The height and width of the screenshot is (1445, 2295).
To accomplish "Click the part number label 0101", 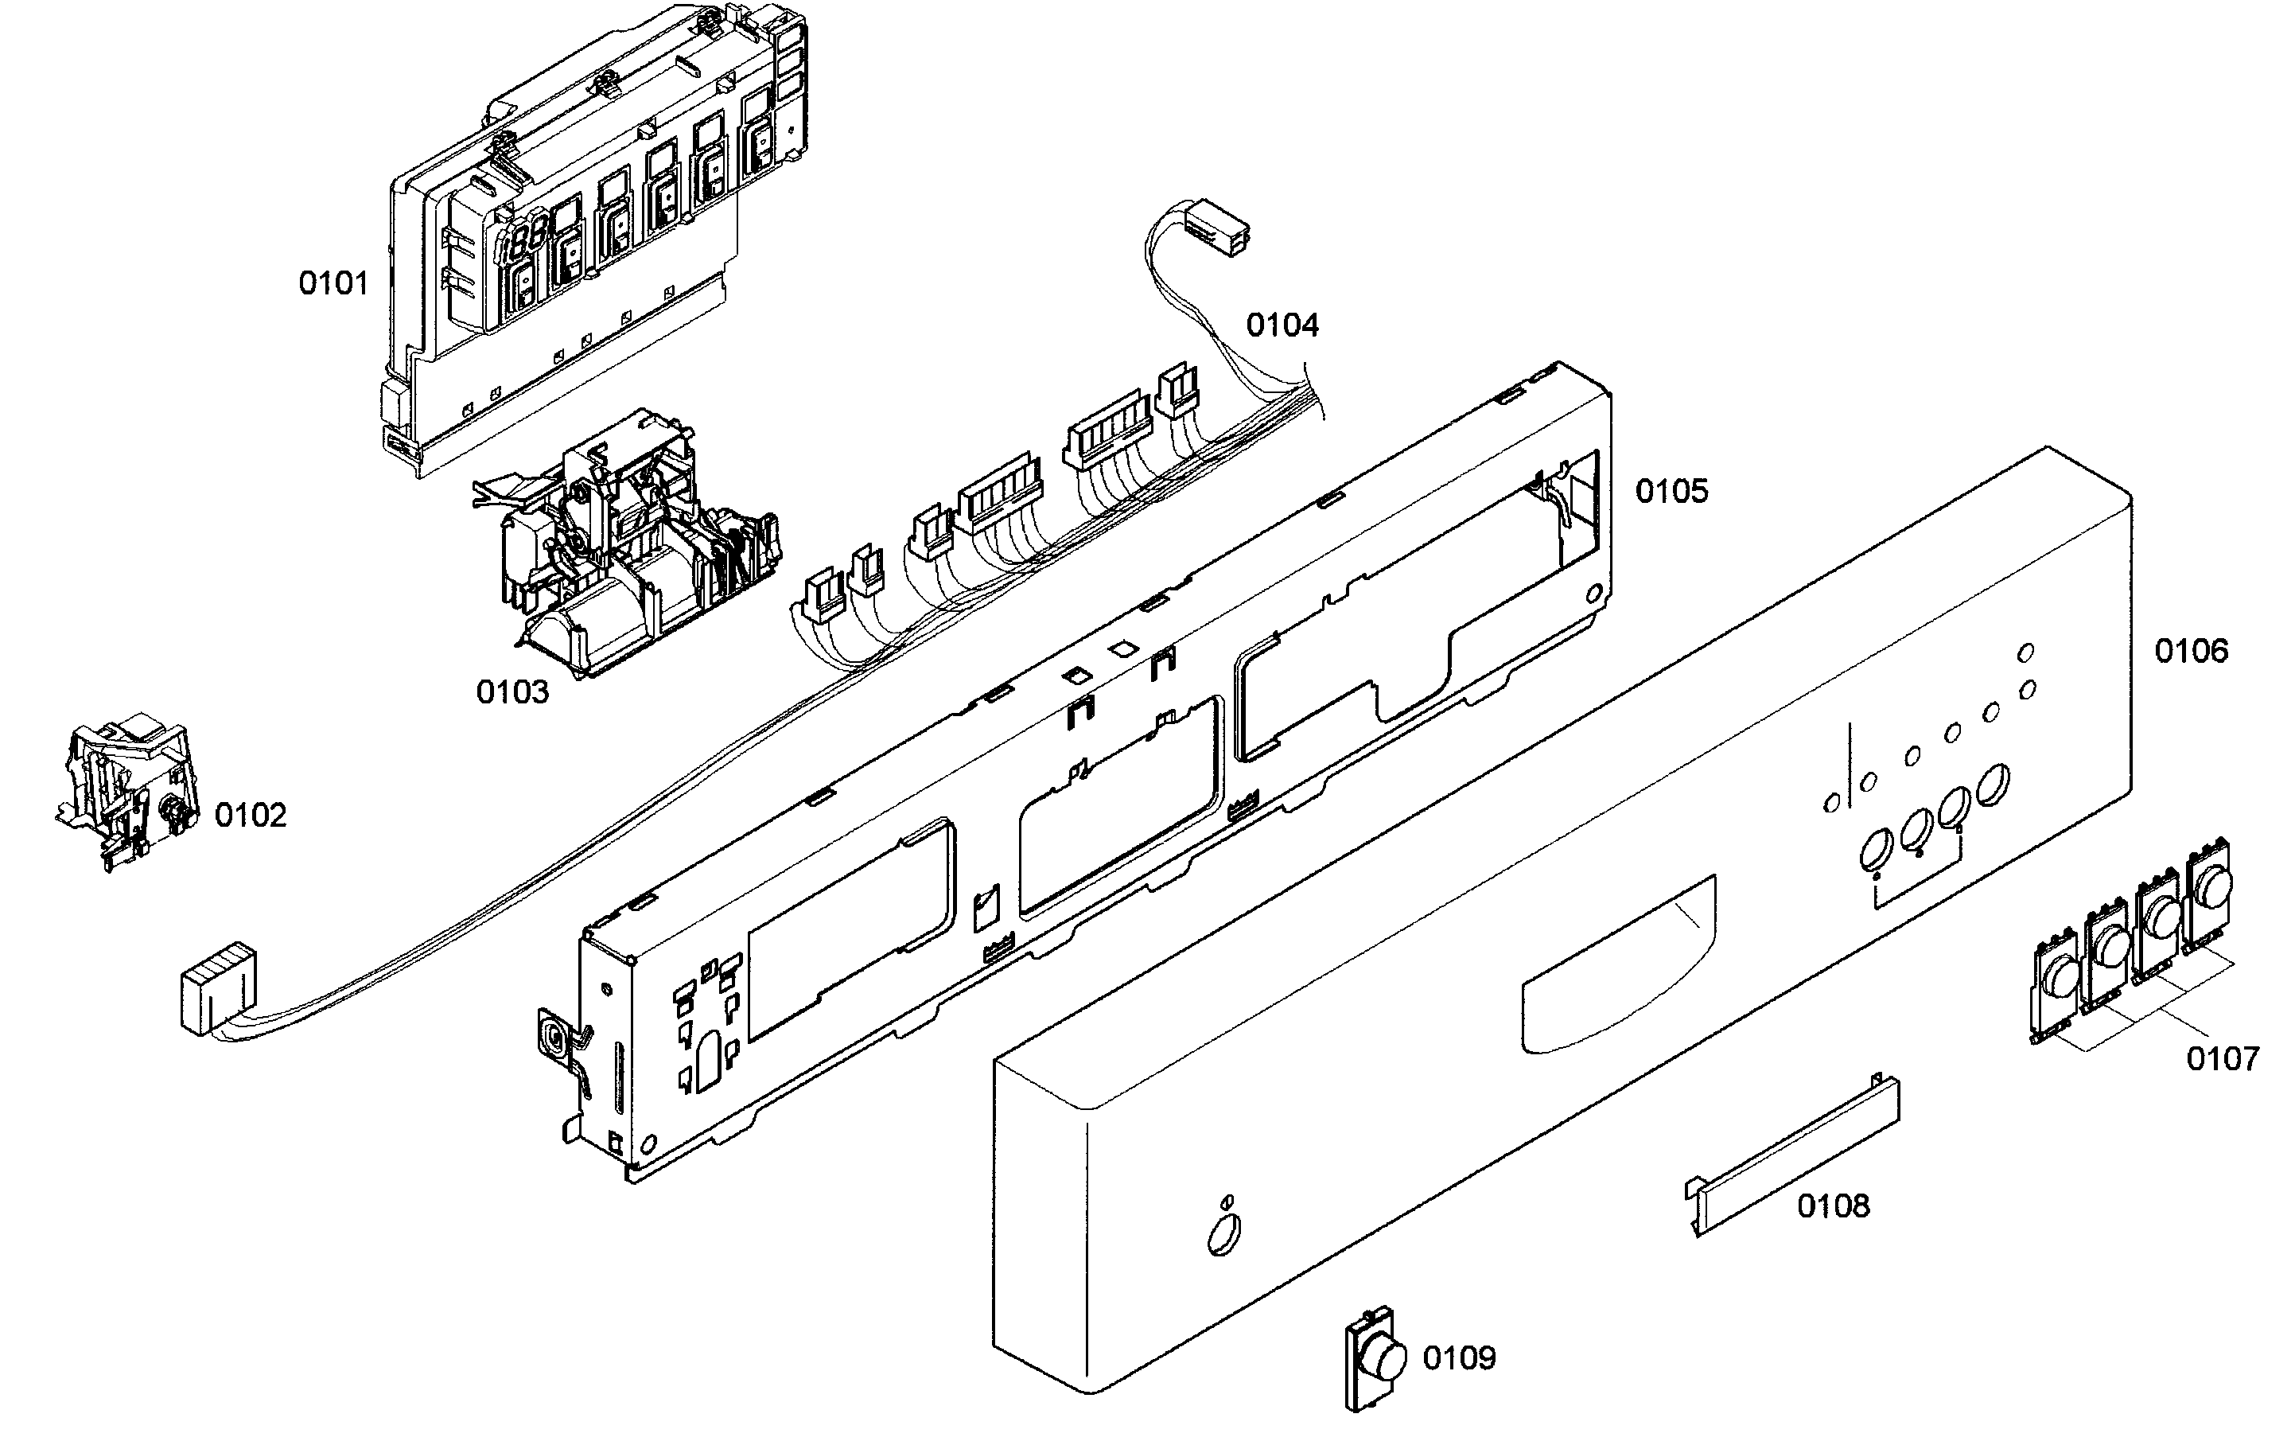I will (x=333, y=283).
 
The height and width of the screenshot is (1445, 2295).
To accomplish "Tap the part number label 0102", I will (x=250, y=815).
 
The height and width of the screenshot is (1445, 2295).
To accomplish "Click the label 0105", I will (x=1671, y=491).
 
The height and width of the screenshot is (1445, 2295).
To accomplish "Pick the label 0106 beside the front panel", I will (x=2191, y=651).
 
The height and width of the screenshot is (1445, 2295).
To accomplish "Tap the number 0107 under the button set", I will (x=2222, y=1058).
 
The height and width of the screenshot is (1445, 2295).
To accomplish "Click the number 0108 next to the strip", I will (x=1833, y=1205).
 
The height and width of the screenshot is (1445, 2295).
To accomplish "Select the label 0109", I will (x=1458, y=1357).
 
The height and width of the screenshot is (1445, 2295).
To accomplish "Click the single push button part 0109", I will (x=1376, y=1359).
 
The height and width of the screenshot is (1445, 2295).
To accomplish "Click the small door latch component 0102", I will (x=129, y=791).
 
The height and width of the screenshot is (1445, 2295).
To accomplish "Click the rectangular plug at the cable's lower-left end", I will (x=218, y=987).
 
